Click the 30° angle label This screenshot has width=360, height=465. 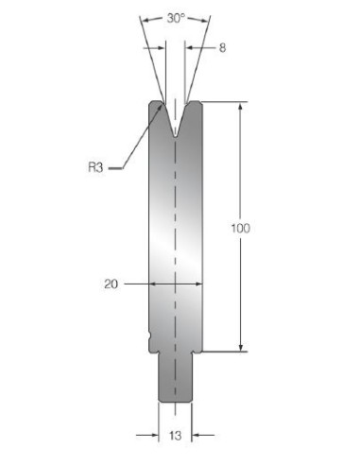176,18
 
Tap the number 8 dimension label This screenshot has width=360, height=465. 222,48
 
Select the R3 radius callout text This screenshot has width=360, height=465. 95,167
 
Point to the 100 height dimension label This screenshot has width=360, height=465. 241,228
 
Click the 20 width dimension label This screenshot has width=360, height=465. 111,284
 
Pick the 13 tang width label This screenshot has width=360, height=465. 175,436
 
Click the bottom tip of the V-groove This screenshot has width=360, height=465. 175,137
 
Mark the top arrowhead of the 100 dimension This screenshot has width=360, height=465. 241,106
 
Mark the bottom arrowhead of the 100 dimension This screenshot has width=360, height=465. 241,348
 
